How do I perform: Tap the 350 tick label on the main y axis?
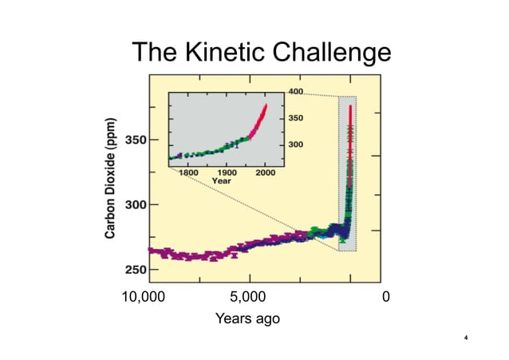(x=135, y=140)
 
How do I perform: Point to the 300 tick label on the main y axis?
(x=135, y=204)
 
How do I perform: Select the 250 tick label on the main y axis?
(x=135, y=269)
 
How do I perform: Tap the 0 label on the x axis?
(x=386, y=298)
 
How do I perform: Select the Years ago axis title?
(x=248, y=318)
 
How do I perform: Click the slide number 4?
(x=465, y=338)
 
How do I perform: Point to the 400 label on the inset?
(x=295, y=92)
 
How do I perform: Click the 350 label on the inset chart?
(x=295, y=117)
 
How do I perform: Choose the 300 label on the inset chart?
(x=295, y=144)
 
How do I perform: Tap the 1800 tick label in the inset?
(x=189, y=172)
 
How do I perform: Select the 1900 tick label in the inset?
(x=227, y=172)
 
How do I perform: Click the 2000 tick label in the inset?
(x=265, y=172)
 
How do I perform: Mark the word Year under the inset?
(x=222, y=180)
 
